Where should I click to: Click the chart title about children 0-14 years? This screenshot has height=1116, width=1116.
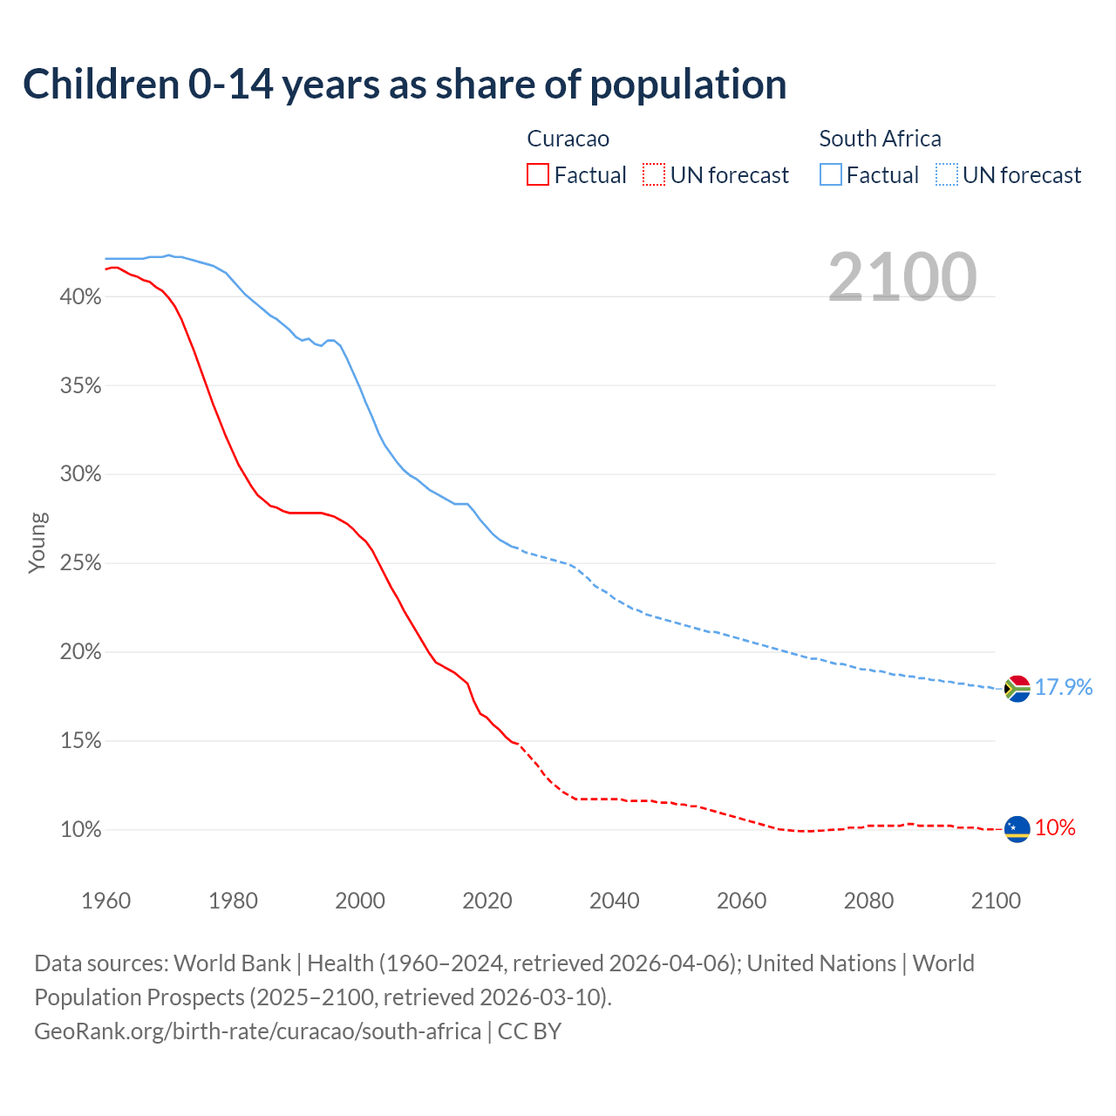(405, 85)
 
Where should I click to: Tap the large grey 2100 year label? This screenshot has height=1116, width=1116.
(902, 277)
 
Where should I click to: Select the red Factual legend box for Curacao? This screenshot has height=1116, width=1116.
(538, 174)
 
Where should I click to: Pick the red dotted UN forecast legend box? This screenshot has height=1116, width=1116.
(654, 174)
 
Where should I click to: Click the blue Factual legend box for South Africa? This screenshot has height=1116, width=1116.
(831, 174)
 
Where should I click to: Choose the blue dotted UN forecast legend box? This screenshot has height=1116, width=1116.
(947, 174)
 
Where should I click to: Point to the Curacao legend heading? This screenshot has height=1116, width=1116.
(568, 139)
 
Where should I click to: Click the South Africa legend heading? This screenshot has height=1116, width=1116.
(880, 139)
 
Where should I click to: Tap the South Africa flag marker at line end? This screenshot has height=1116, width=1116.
(1017, 689)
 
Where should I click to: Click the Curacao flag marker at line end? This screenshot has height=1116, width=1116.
(1017, 829)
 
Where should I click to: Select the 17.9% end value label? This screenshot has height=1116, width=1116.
(1064, 687)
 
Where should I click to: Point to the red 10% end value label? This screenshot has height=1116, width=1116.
(1055, 828)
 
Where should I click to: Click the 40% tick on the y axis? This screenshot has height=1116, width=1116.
(80, 297)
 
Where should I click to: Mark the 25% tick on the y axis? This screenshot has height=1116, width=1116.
(80, 563)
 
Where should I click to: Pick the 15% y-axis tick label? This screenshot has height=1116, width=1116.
(80, 741)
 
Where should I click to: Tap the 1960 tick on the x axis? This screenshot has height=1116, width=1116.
(105, 901)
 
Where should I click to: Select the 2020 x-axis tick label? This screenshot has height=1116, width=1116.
(487, 901)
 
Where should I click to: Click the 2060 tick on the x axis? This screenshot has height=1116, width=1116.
(741, 901)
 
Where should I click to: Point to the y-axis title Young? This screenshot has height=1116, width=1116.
(37, 542)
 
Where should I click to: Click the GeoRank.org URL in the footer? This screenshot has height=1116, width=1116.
(257, 1031)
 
